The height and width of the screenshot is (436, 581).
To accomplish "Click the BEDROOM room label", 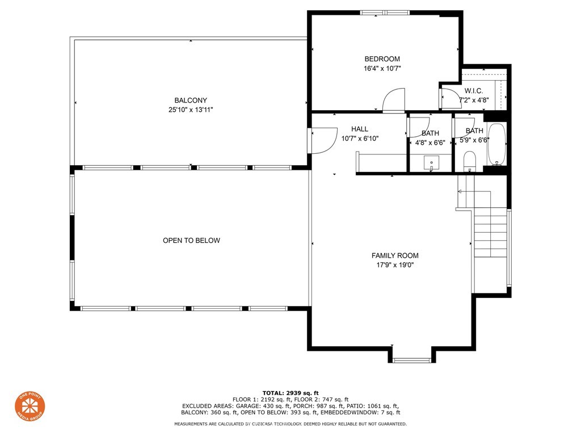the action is point(382,59).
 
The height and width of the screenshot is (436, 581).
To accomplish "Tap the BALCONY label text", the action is point(191,100).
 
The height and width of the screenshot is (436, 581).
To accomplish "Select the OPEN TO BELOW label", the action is point(191,241).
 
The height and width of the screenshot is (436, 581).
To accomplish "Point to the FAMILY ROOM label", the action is point(395,255).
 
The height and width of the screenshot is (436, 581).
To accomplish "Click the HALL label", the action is point(359,129).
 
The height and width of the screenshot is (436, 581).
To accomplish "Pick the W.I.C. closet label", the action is point(474,91).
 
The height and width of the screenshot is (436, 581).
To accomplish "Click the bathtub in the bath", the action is point(496,144).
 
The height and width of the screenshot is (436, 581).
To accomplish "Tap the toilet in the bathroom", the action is point(469,161).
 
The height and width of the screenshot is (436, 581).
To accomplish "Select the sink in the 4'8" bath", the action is point(431,163).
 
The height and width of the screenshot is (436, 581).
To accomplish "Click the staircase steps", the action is point(490,233).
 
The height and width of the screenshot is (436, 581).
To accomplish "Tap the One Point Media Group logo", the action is point(30,406).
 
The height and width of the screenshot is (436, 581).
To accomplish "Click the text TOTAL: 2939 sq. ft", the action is point(290,393).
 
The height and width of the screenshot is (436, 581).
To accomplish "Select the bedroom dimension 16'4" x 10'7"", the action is point(382,69).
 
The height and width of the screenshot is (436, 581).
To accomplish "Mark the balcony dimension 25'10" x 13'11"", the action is point(191,110).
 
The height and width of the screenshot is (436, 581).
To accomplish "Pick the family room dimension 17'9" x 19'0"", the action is point(395,265).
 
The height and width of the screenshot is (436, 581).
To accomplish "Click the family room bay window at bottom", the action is point(412,359).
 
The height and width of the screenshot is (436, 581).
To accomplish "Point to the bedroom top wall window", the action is point(385,13).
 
